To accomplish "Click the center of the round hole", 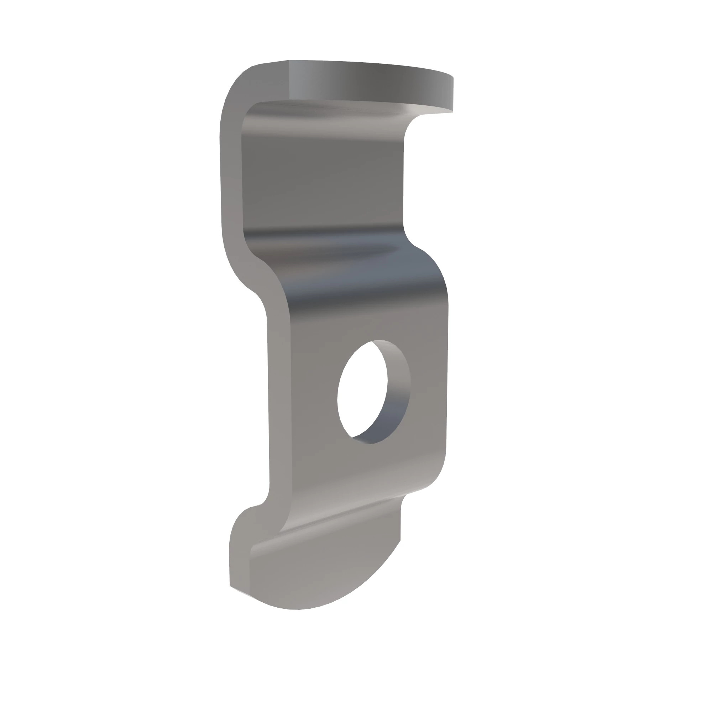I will pyautogui.click(x=363, y=392).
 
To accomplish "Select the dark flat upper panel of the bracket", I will pyautogui.click(x=321, y=177).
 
